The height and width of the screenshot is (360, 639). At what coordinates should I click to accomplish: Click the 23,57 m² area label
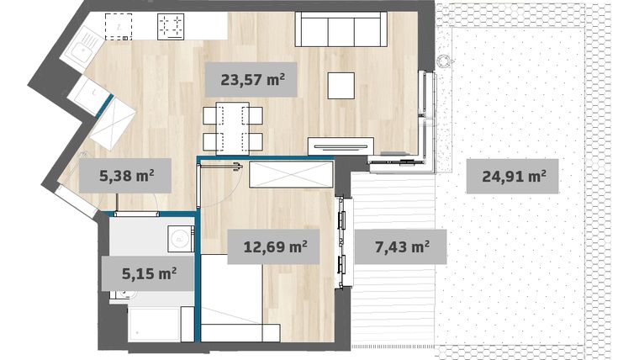coord(251,82)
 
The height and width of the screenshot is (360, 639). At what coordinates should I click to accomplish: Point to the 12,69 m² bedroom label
coord(274,247)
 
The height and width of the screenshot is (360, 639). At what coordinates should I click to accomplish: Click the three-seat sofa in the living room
coord(340,29)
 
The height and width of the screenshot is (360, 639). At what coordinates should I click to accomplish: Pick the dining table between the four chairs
coord(232,127)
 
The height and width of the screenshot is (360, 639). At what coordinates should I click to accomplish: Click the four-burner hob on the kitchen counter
coord(172,27)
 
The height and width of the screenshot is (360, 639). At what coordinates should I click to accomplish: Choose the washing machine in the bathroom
coord(179,240)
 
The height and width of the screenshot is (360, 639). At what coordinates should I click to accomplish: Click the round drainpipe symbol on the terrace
coord(443,61)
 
